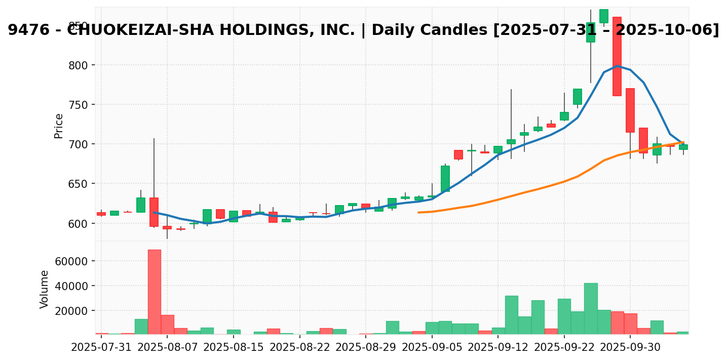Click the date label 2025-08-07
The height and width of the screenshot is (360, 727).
coord(167,348)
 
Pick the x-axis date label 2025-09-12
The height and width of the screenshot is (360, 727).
coord(498,348)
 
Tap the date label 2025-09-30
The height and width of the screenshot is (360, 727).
coord(630,348)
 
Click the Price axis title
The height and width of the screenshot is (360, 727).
coord(59,126)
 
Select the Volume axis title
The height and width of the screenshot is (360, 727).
coord(45,289)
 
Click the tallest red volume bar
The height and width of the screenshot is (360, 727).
coord(154,292)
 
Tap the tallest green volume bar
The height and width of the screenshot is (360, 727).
coord(591,308)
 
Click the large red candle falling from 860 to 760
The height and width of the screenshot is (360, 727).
coord(617,56)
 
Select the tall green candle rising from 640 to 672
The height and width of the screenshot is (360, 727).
coord(445,178)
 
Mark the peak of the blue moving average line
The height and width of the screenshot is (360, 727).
coord(617,66)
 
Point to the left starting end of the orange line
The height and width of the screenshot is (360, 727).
coord(418,212)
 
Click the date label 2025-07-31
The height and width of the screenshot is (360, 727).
coord(101,348)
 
